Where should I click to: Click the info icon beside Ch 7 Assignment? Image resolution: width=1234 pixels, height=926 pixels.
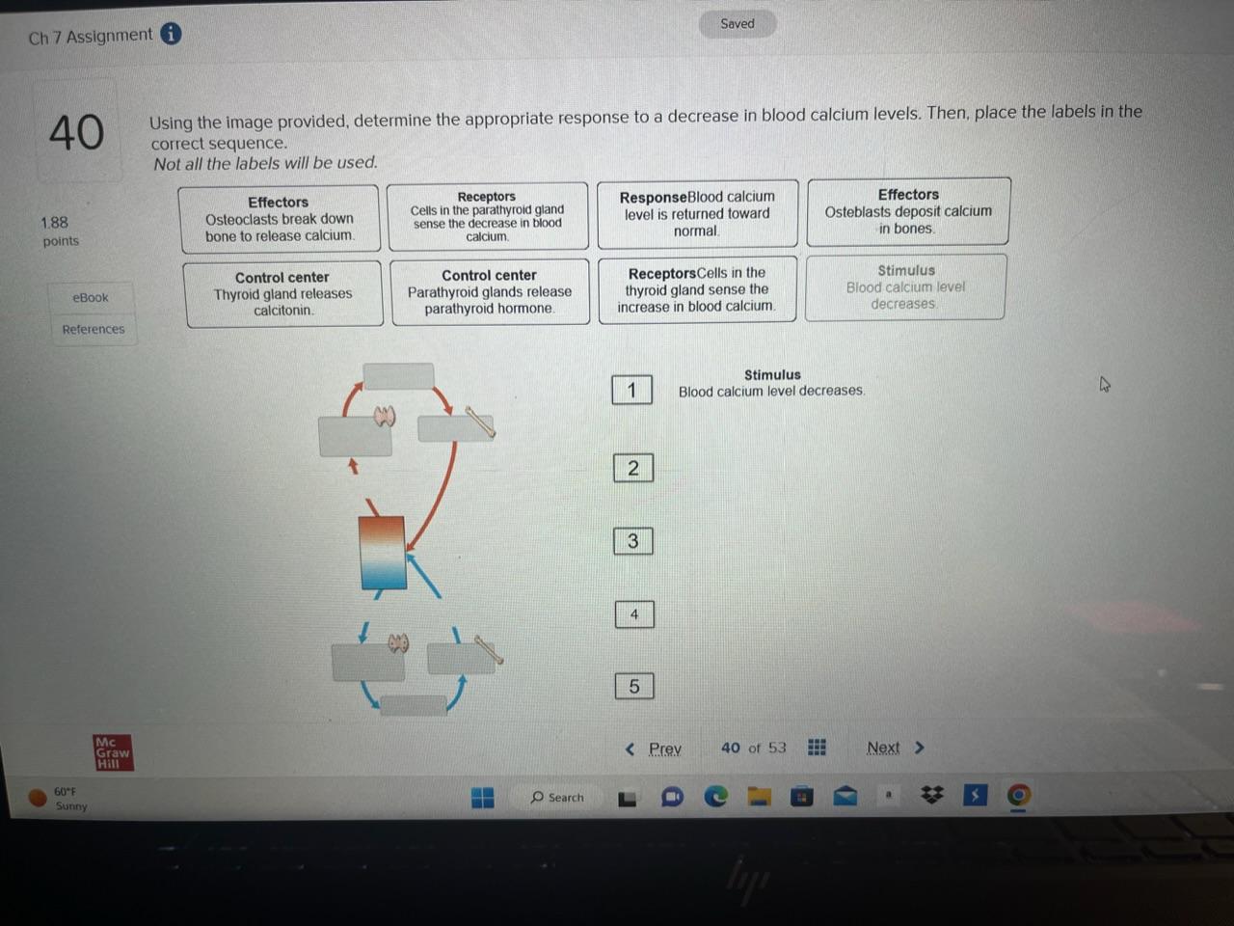tap(171, 34)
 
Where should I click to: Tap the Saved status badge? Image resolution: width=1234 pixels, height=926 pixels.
tap(738, 23)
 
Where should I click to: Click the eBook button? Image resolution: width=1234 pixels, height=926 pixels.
tap(91, 297)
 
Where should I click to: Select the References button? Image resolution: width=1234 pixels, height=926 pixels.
tap(94, 329)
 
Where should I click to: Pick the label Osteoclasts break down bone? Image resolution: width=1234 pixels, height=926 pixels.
tap(279, 219)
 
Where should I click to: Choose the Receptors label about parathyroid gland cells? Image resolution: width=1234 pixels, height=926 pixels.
tap(487, 216)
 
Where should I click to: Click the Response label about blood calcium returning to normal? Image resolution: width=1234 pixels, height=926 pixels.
tap(697, 213)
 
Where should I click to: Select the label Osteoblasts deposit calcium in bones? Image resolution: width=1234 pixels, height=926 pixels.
tap(908, 211)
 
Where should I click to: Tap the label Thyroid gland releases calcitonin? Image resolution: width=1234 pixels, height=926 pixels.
tap(282, 293)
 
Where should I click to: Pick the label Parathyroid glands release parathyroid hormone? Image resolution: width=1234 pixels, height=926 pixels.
tap(490, 291)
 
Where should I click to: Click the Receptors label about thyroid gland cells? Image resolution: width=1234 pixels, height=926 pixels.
tap(696, 289)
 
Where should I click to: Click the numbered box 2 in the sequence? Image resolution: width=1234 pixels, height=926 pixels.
tap(633, 468)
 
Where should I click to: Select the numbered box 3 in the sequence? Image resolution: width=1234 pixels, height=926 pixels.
tap(633, 541)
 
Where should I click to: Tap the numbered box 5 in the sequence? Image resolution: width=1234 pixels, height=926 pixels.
tap(634, 686)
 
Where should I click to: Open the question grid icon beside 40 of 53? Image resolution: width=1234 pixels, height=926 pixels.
tap(817, 748)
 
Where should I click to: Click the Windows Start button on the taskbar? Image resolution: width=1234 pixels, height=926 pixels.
tap(482, 797)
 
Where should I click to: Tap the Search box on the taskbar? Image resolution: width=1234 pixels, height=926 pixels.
tap(558, 797)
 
